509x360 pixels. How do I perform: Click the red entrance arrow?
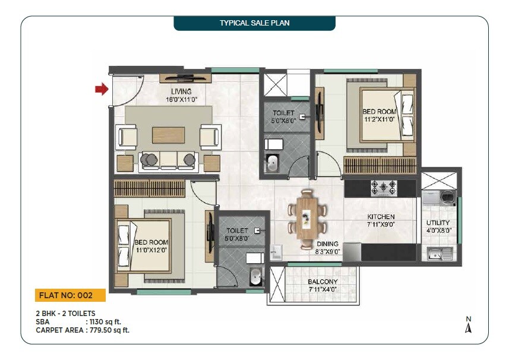pyautogui.click(x=102, y=89)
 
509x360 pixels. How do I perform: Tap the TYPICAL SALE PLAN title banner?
pyautogui.click(x=254, y=23)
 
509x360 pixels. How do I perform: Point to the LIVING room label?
pyautogui.click(x=181, y=91)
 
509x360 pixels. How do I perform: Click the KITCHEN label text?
pyautogui.click(x=381, y=217)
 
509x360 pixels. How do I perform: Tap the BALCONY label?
pyautogui.click(x=323, y=282)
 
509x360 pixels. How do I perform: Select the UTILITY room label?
pyautogui.click(x=438, y=223)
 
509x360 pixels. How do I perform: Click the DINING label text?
pyautogui.click(x=327, y=244)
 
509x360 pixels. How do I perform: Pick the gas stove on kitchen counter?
pyautogui.click(x=384, y=188)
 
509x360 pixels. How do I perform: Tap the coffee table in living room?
pyautogui.click(x=168, y=135)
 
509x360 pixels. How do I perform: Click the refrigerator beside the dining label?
pyautogui.click(x=352, y=251)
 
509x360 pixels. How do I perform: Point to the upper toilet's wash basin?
pyautogui.click(x=273, y=163)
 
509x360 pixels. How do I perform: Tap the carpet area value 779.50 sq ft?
pyautogui.click(x=108, y=330)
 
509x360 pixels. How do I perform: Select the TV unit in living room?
pyautogui.click(x=185, y=78)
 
